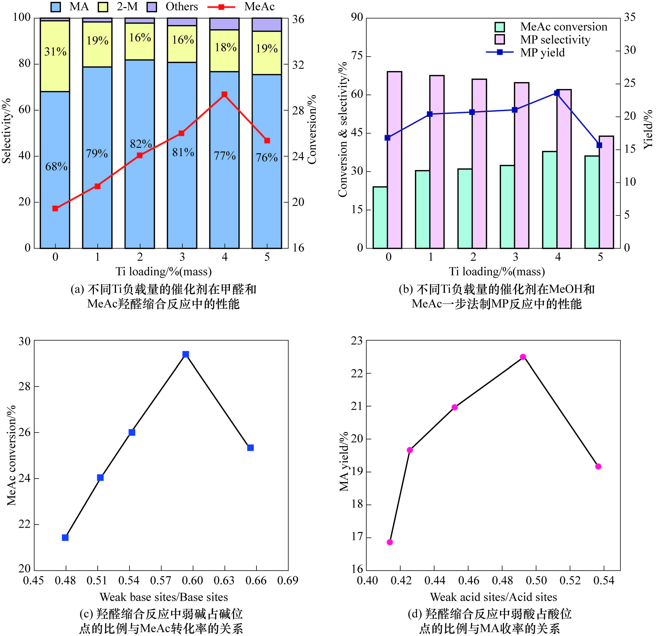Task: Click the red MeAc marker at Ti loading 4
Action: coord(224,95)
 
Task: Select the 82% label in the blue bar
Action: coord(141,144)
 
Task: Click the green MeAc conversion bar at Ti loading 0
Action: coord(380,217)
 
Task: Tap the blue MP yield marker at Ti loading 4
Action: coord(557,93)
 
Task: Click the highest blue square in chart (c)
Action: coord(186,354)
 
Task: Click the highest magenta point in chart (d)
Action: coord(523,357)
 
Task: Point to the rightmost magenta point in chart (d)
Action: coord(598,467)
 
